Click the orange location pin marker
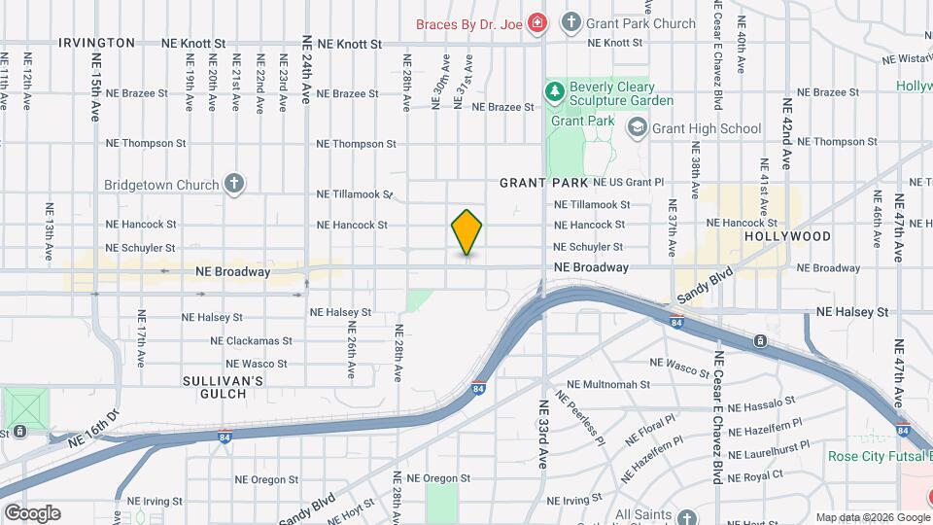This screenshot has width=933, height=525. click(467, 231)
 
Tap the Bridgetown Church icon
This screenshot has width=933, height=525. click(233, 183)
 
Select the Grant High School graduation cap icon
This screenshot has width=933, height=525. click(637, 127)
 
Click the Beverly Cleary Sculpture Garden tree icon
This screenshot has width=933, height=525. click(555, 92)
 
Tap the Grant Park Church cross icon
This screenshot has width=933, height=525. click(572, 22)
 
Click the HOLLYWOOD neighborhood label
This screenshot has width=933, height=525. click(787, 236)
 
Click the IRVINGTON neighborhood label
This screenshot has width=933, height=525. click(97, 43)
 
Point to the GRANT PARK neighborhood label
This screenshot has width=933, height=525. click(543, 183)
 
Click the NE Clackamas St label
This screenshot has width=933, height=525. click(251, 341)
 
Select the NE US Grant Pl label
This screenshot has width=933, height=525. click(622, 182)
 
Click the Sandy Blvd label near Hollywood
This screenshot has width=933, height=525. click(705, 286)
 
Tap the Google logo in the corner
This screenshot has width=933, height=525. click(32, 513)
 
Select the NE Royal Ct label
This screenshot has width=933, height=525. click(753, 475)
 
